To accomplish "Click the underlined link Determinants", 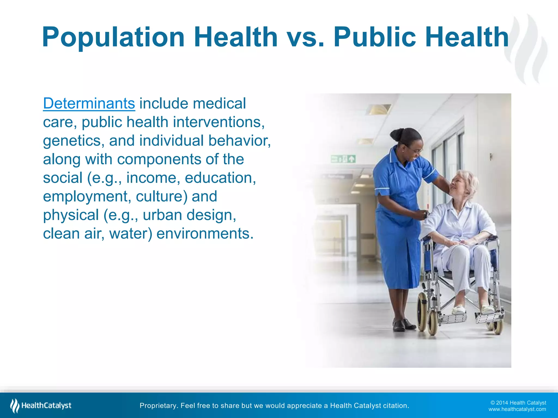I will (x=89, y=103).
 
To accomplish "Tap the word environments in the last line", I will (x=205, y=233).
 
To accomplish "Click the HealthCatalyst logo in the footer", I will (x=41, y=405).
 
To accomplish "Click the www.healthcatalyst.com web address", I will (x=517, y=409).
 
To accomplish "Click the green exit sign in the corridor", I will (x=343, y=159).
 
